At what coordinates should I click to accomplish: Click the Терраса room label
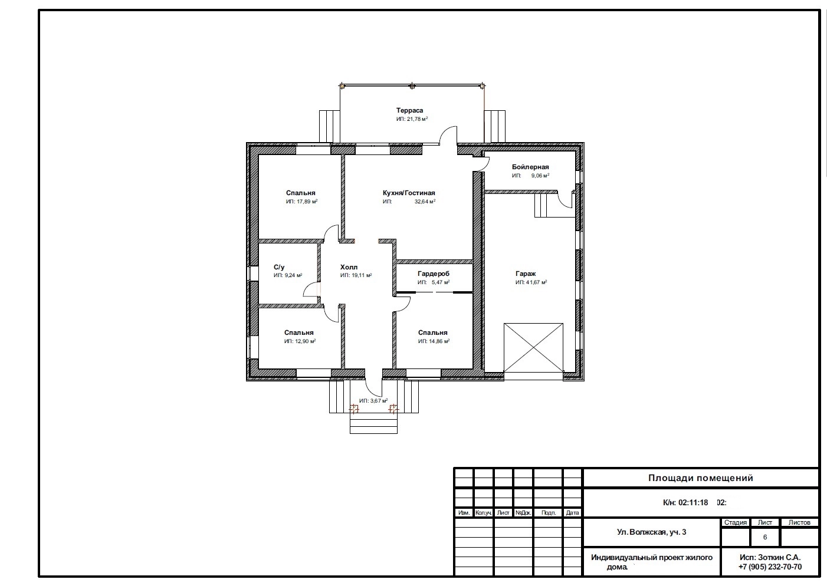(x=409, y=110)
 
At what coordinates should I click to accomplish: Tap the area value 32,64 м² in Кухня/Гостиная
(x=425, y=202)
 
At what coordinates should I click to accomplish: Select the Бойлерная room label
(x=530, y=167)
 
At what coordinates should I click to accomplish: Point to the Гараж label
(x=526, y=274)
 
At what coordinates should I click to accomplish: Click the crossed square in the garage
(x=533, y=348)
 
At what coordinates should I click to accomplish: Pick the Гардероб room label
(x=434, y=274)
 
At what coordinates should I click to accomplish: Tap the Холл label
(x=349, y=267)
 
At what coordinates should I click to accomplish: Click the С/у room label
(x=279, y=267)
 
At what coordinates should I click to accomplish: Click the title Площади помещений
(x=700, y=478)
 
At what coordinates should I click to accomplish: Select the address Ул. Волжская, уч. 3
(x=652, y=532)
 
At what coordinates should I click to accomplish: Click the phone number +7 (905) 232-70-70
(x=770, y=567)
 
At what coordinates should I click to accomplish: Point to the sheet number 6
(x=765, y=537)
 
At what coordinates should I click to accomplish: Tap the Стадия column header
(x=736, y=522)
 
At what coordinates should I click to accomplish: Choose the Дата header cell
(x=572, y=512)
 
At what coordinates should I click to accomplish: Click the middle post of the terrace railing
(x=412, y=86)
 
